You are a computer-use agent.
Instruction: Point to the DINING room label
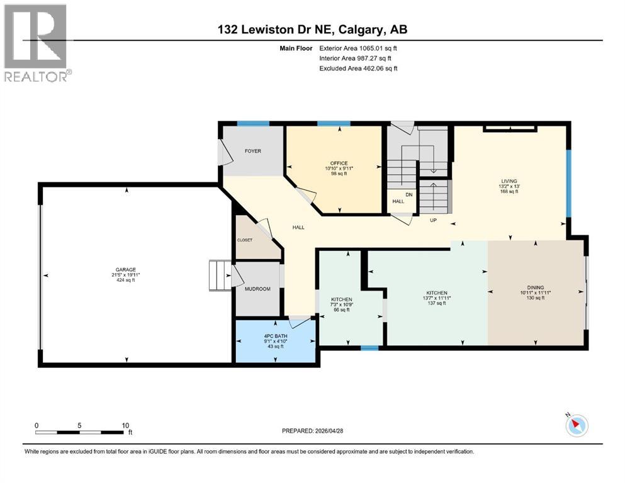coord(536,287)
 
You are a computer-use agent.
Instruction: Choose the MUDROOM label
coord(257,289)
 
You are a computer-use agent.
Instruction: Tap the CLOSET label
coord(244,240)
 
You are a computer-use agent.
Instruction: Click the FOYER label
coord(252,151)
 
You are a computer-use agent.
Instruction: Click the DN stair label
coord(409,194)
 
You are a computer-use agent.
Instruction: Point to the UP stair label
coord(433,221)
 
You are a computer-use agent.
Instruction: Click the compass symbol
coord(577,425)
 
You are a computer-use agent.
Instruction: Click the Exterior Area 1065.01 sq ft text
coord(358,48)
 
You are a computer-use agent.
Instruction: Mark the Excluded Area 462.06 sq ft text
coord(358,69)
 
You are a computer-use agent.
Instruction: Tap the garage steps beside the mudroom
coord(220,275)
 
